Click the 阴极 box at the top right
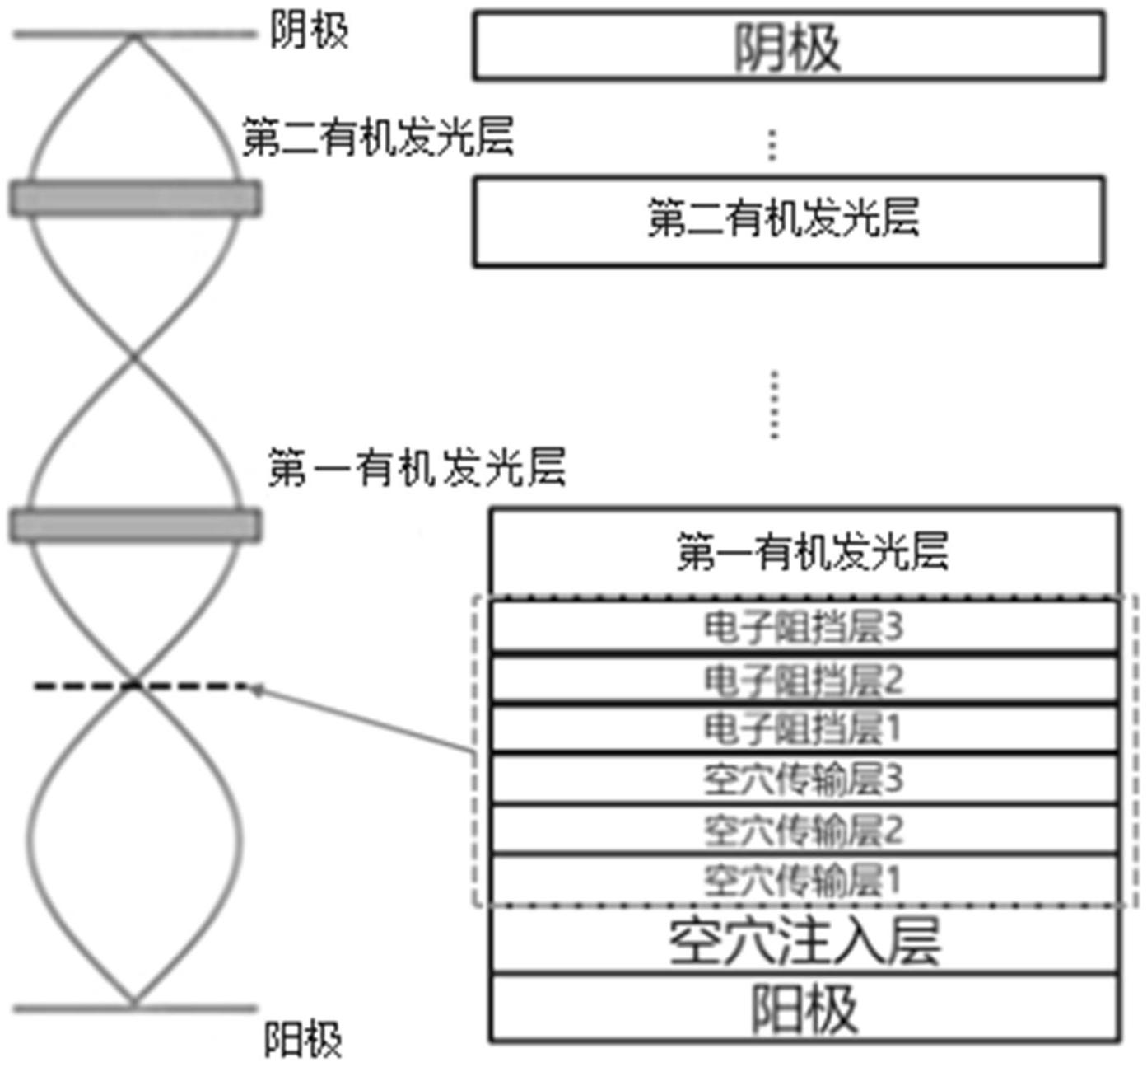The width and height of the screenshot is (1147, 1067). coord(788,46)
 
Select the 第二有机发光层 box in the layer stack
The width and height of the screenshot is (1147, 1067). coord(788,221)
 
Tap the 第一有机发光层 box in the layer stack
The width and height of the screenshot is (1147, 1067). coord(804,551)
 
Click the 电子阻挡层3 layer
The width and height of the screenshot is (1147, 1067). coord(804,627)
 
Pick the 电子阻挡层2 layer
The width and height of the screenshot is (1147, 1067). coord(804,679)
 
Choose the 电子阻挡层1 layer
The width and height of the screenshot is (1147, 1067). coord(804,728)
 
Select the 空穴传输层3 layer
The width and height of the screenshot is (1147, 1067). coord(804,779)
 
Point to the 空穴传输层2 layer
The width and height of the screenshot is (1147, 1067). coord(804,830)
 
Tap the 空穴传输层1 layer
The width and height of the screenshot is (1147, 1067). coord(804,880)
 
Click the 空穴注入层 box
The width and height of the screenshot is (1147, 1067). coord(804,941)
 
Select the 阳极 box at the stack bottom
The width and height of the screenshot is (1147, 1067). coord(804,1009)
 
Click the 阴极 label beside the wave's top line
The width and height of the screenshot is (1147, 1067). coord(310,31)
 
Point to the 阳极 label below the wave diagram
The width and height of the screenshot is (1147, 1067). coord(302,1040)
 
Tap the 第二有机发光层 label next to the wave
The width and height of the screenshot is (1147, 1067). coord(378,137)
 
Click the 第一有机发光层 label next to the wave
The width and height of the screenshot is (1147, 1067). coord(417,468)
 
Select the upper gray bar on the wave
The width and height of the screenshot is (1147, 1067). coord(136,199)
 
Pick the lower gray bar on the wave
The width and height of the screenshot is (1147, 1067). coord(136,526)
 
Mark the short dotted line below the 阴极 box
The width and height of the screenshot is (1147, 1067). coord(772,144)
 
